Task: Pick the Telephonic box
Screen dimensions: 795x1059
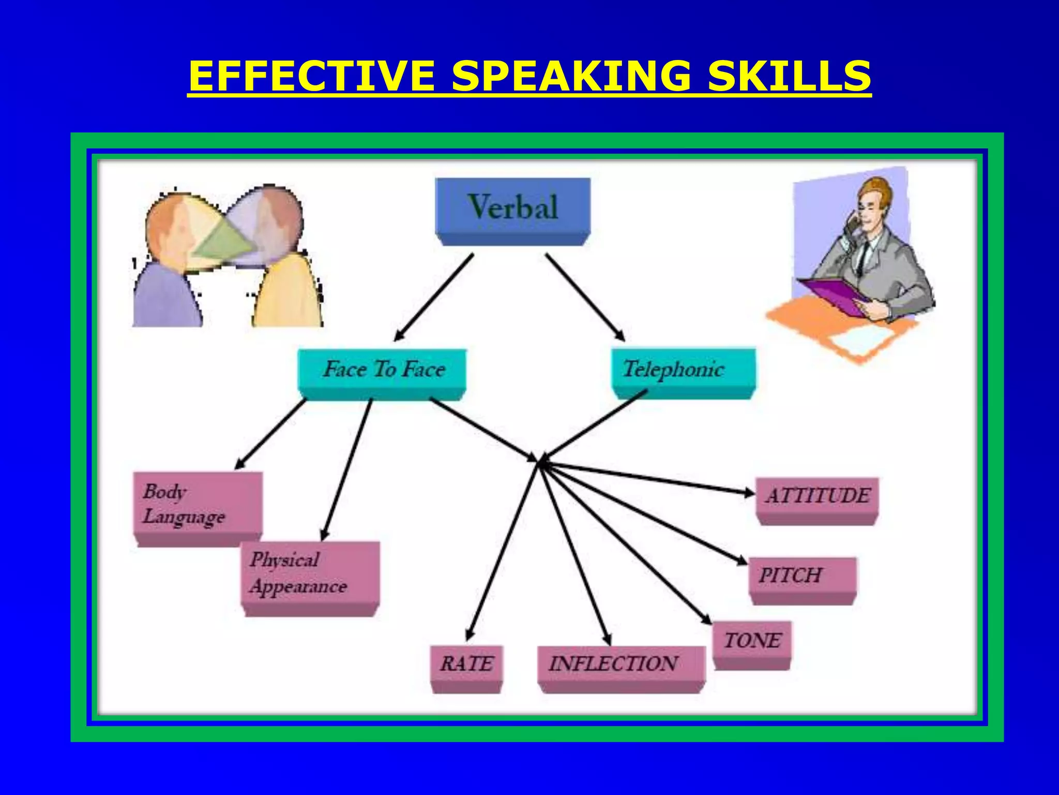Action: [683, 371]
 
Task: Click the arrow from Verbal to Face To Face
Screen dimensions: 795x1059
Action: [433, 297]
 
